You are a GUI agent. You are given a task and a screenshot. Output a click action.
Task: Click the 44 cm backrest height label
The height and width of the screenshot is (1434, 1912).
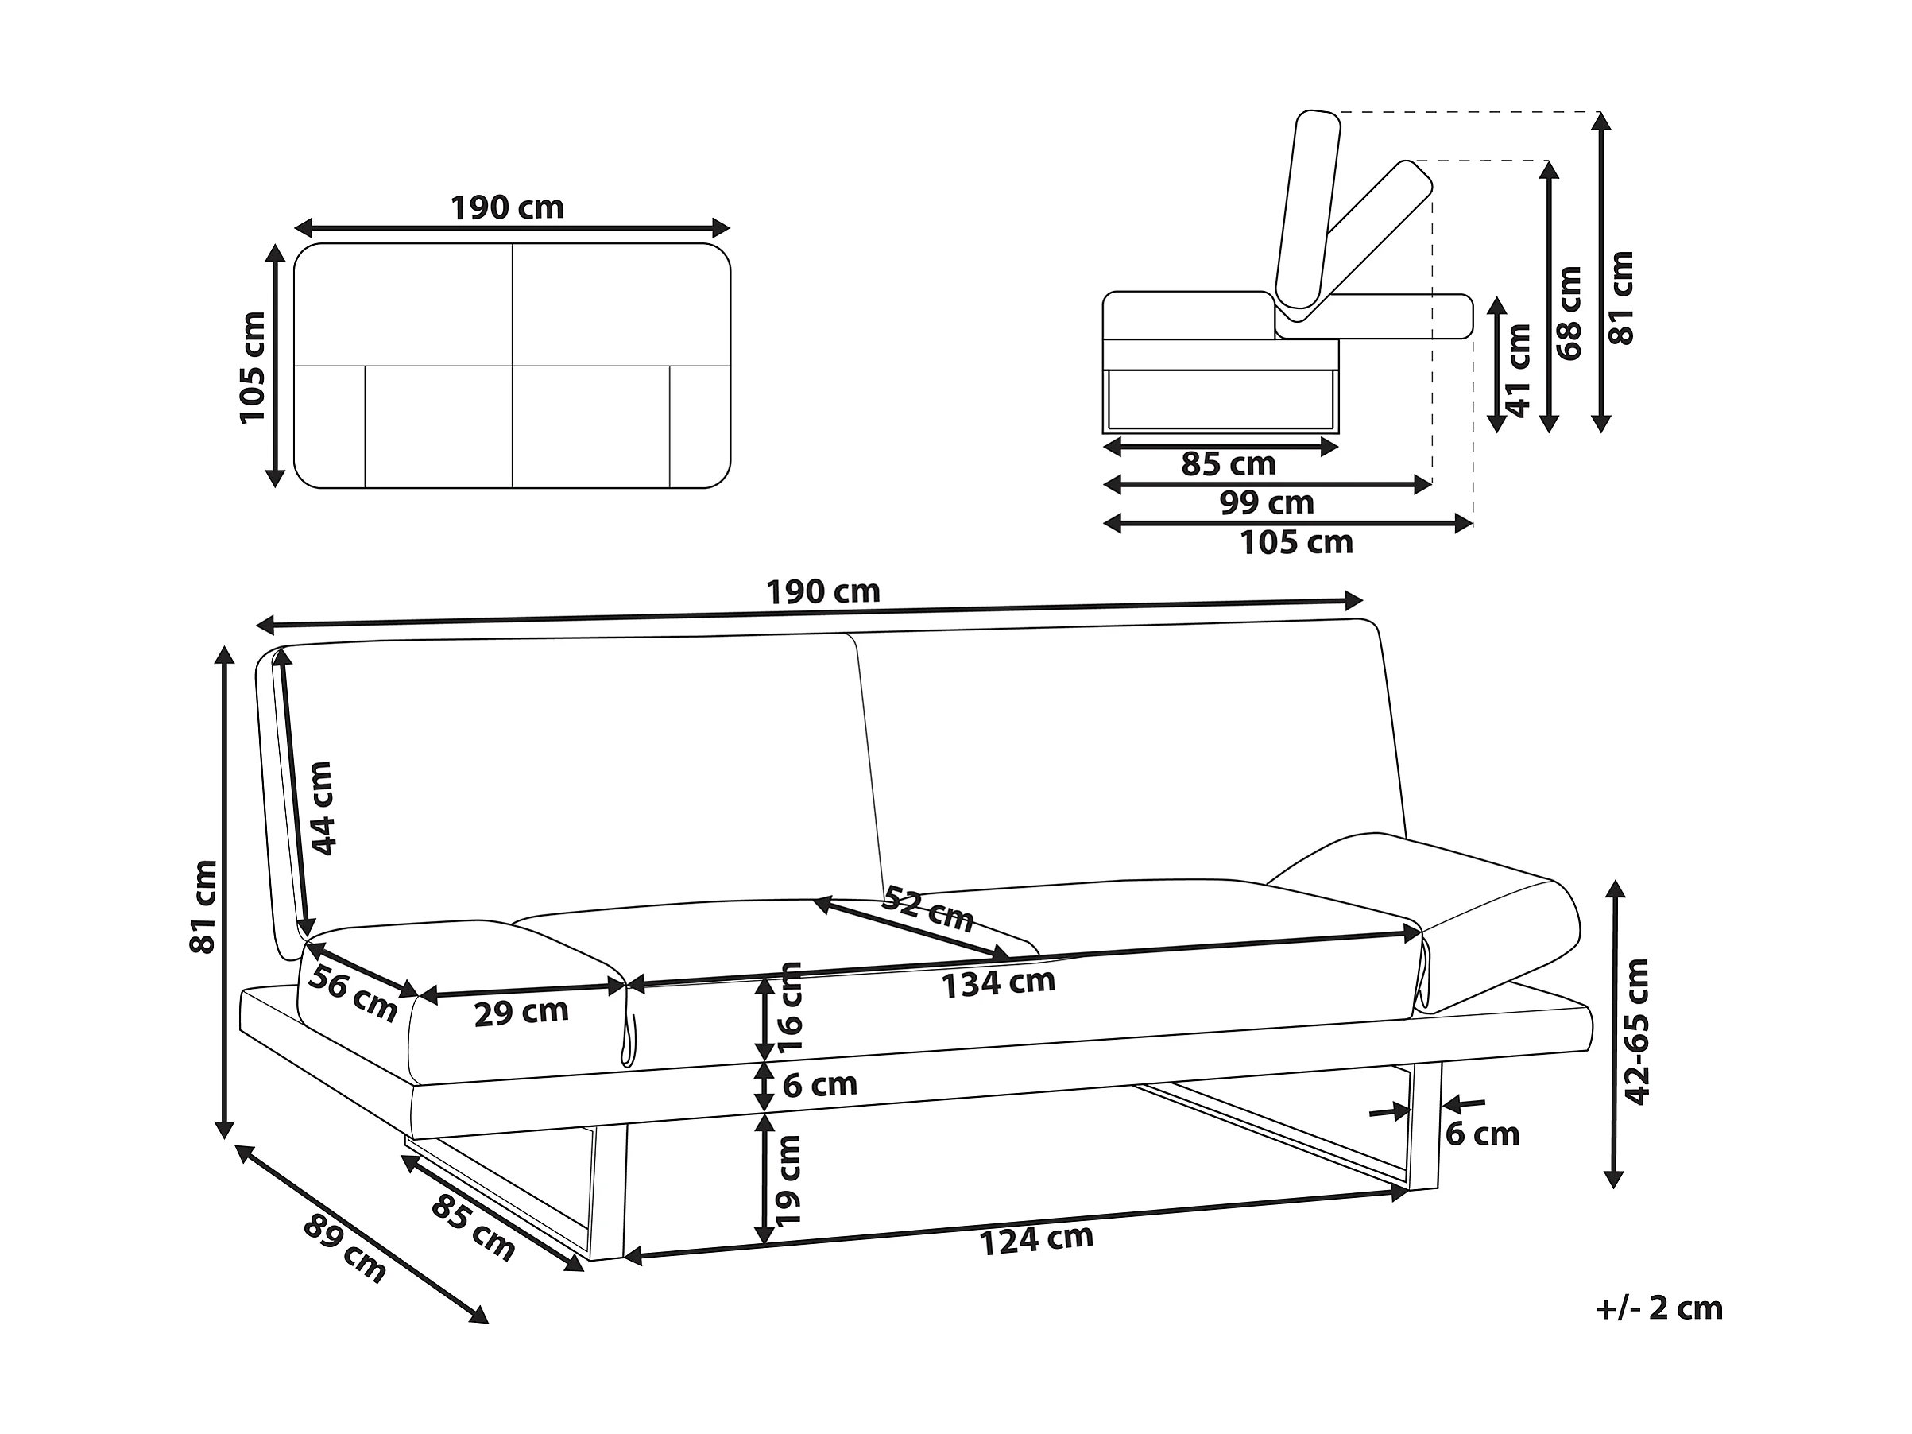click(x=322, y=808)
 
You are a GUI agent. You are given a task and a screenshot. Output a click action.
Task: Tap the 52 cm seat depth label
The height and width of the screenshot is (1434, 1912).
click(x=927, y=908)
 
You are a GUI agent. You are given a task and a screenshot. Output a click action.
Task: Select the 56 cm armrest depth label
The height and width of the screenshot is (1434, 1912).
click(x=353, y=993)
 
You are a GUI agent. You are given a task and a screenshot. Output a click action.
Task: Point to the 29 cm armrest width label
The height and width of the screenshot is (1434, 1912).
click(x=521, y=1012)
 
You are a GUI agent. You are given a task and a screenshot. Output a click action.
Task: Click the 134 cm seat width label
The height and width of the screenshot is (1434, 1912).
click(x=998, y=982)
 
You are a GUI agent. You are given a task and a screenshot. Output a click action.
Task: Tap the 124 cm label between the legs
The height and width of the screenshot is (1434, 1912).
click(x=1035, y=1239)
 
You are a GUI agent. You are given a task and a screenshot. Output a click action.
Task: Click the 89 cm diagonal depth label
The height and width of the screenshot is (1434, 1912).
click(x=344, y=1248)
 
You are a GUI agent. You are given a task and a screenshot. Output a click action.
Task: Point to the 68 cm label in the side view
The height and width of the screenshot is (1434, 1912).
click(x=1569, y=313)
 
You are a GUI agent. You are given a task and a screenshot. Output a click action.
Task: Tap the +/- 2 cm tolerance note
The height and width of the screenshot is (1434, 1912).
click(x=1658, y=1308)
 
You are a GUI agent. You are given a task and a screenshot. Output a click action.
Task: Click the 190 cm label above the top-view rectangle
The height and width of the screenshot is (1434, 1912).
click(x=506, y=208)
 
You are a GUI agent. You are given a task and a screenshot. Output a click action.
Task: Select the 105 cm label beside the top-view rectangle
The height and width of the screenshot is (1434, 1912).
click(x=253, y=367)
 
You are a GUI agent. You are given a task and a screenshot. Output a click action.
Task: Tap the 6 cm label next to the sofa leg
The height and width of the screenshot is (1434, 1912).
click(x=1481, y=1134)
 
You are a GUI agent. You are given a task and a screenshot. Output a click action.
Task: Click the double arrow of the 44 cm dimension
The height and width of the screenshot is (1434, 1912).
click(x=294, y=794)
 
